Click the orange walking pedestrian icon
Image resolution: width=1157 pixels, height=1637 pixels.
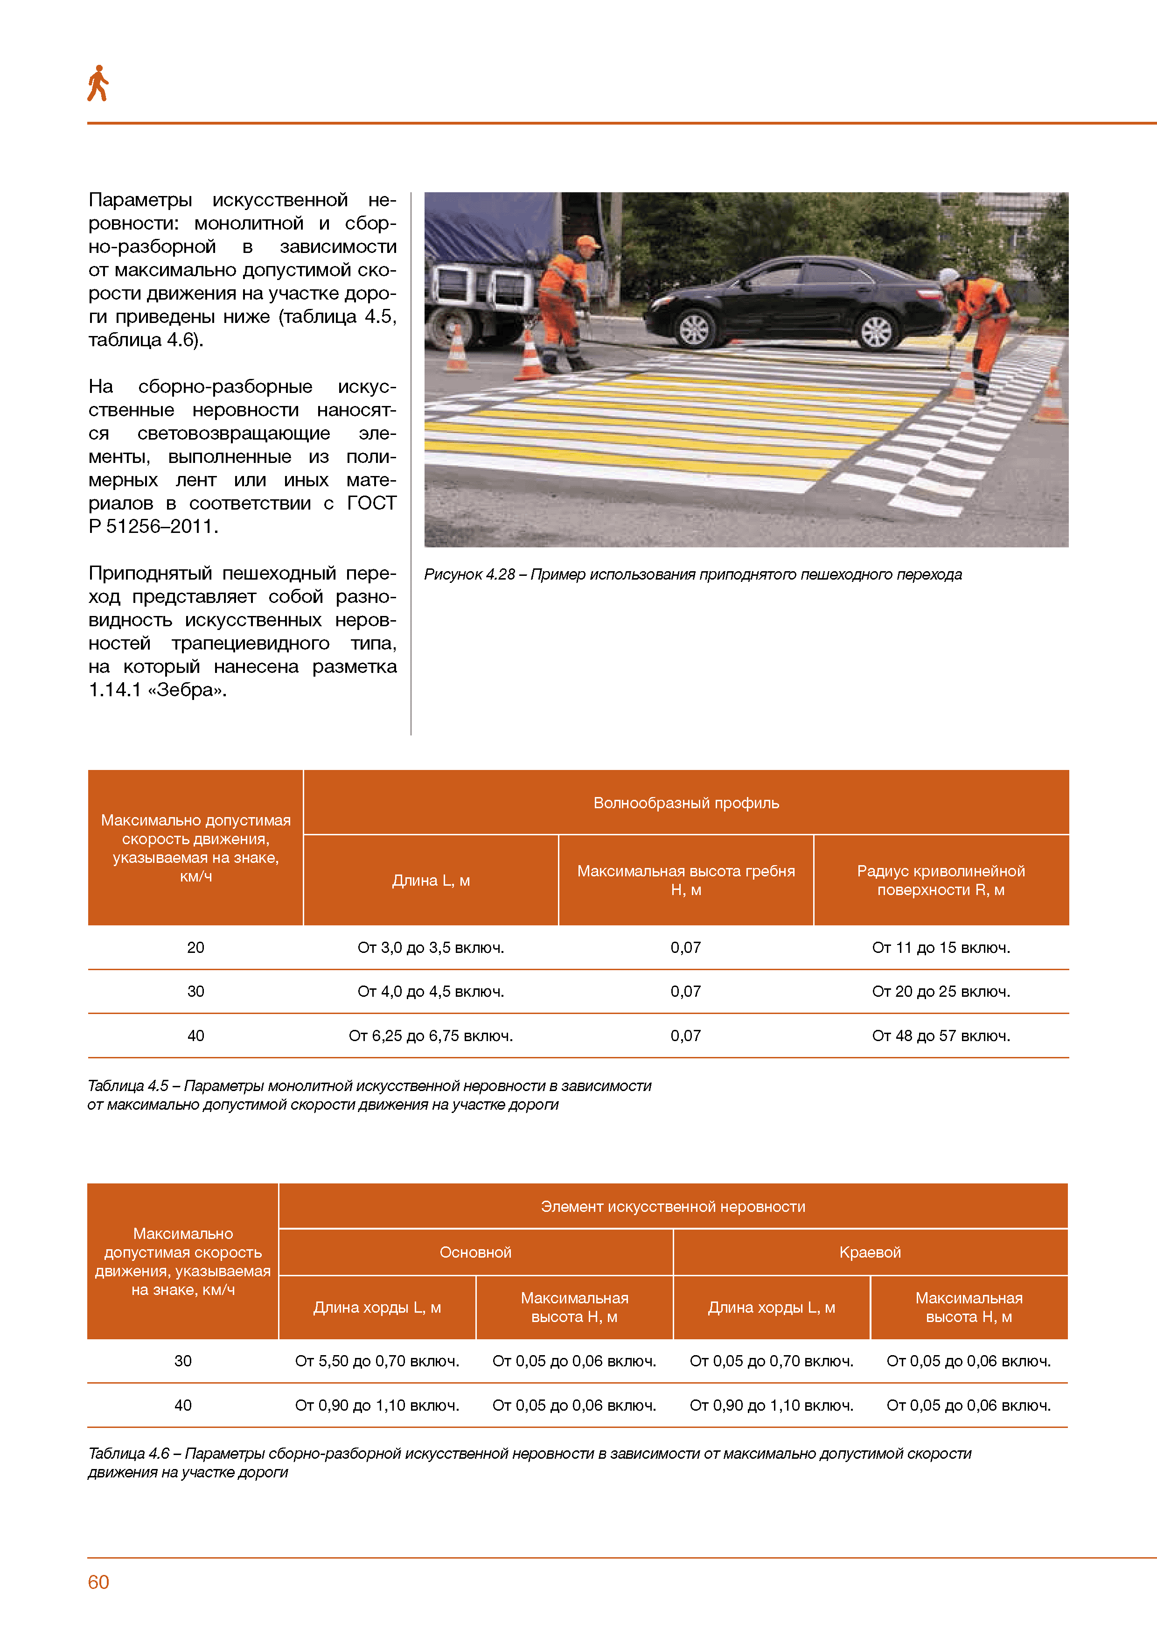click(x=98, y=84)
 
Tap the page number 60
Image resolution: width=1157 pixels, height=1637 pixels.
click(x=98, y=1582)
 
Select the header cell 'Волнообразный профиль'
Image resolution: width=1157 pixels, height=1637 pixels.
click(x=686, y=803)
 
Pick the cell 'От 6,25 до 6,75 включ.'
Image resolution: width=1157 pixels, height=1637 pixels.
click(x=431, y=1035)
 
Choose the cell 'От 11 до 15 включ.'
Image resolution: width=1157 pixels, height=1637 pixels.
click(x=941, y=948)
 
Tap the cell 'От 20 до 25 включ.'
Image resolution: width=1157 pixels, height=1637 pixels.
click(x=941, y=991)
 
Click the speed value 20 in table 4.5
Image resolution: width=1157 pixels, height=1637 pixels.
click(x=195, y=948)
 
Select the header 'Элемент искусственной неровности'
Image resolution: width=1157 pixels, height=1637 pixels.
click(x=672, y=1206)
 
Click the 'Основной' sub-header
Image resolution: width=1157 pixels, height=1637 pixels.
click(x=475, y=1252)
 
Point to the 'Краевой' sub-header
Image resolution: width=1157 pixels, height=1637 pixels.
click(x=870, y=1252)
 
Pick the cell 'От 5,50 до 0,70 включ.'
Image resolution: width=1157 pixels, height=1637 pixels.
click(x=377, y=1361)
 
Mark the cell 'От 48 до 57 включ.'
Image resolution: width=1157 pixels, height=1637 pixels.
click(x=941, y=1035)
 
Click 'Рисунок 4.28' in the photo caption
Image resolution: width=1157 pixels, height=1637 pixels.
click(x=469, y=574)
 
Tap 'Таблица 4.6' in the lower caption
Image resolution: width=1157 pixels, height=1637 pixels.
click(x=128, y=1454)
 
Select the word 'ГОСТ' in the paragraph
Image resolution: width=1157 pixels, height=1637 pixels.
click(x=371, y=504)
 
